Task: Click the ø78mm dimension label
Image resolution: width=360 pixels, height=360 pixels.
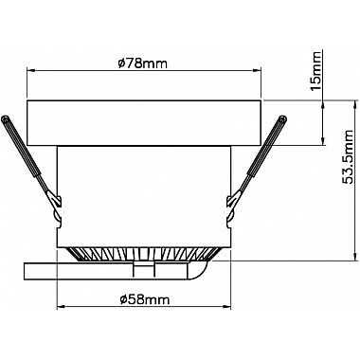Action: pyautogui.click(x=142, y=64)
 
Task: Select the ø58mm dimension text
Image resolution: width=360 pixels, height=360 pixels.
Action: pyautogui.click(x=145, y=299)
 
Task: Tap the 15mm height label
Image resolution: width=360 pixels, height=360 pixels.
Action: pyautogui.click(x=315, y=71)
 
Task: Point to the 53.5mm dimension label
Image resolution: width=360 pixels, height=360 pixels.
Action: pyautogui.click(x=349, y=157)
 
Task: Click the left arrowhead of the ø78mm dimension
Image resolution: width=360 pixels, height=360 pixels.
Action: pyautogui.click(x=30, y=71)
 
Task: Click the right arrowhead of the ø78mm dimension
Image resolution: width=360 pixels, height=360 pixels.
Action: pyautogui.click(x=258, y=71)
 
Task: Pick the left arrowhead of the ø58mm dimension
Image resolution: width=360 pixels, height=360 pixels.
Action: pyautogui.click(x=61, y=306)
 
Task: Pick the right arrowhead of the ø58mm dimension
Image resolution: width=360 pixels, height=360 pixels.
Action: pyautogui.click(x=227, y=306)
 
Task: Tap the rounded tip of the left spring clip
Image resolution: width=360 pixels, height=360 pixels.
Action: pyautogui.click(x=5, y=119)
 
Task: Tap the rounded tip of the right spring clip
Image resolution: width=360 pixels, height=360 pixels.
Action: pyautogui.click(x=282, y=119)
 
